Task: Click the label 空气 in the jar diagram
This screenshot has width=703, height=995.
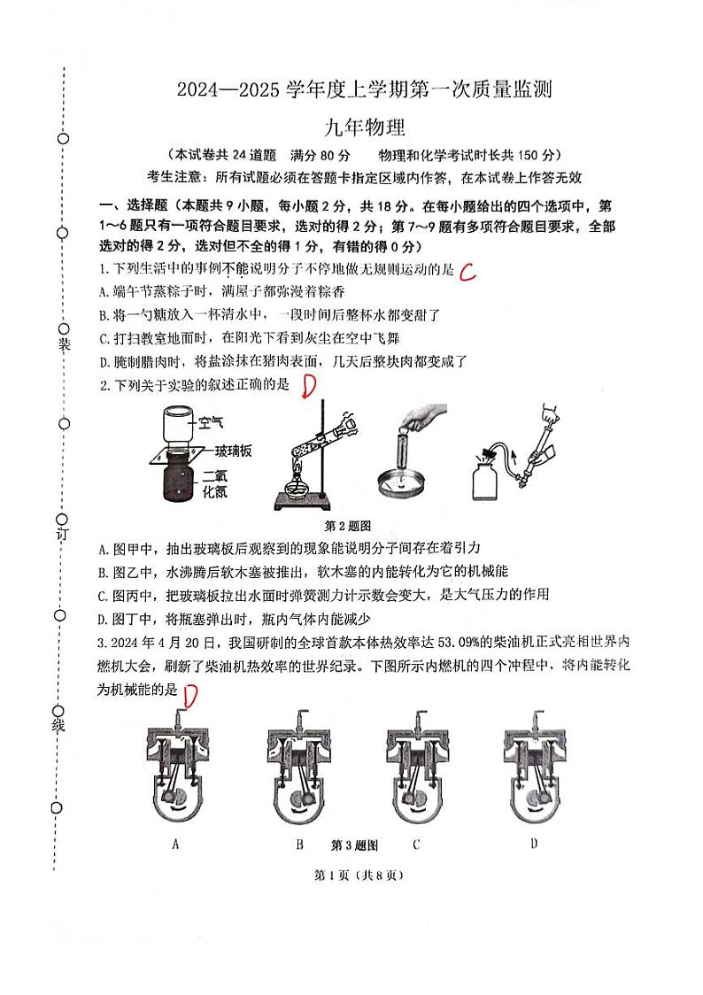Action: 212,424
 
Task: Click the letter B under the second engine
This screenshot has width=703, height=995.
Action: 300,844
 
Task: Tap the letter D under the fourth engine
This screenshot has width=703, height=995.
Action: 534,843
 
